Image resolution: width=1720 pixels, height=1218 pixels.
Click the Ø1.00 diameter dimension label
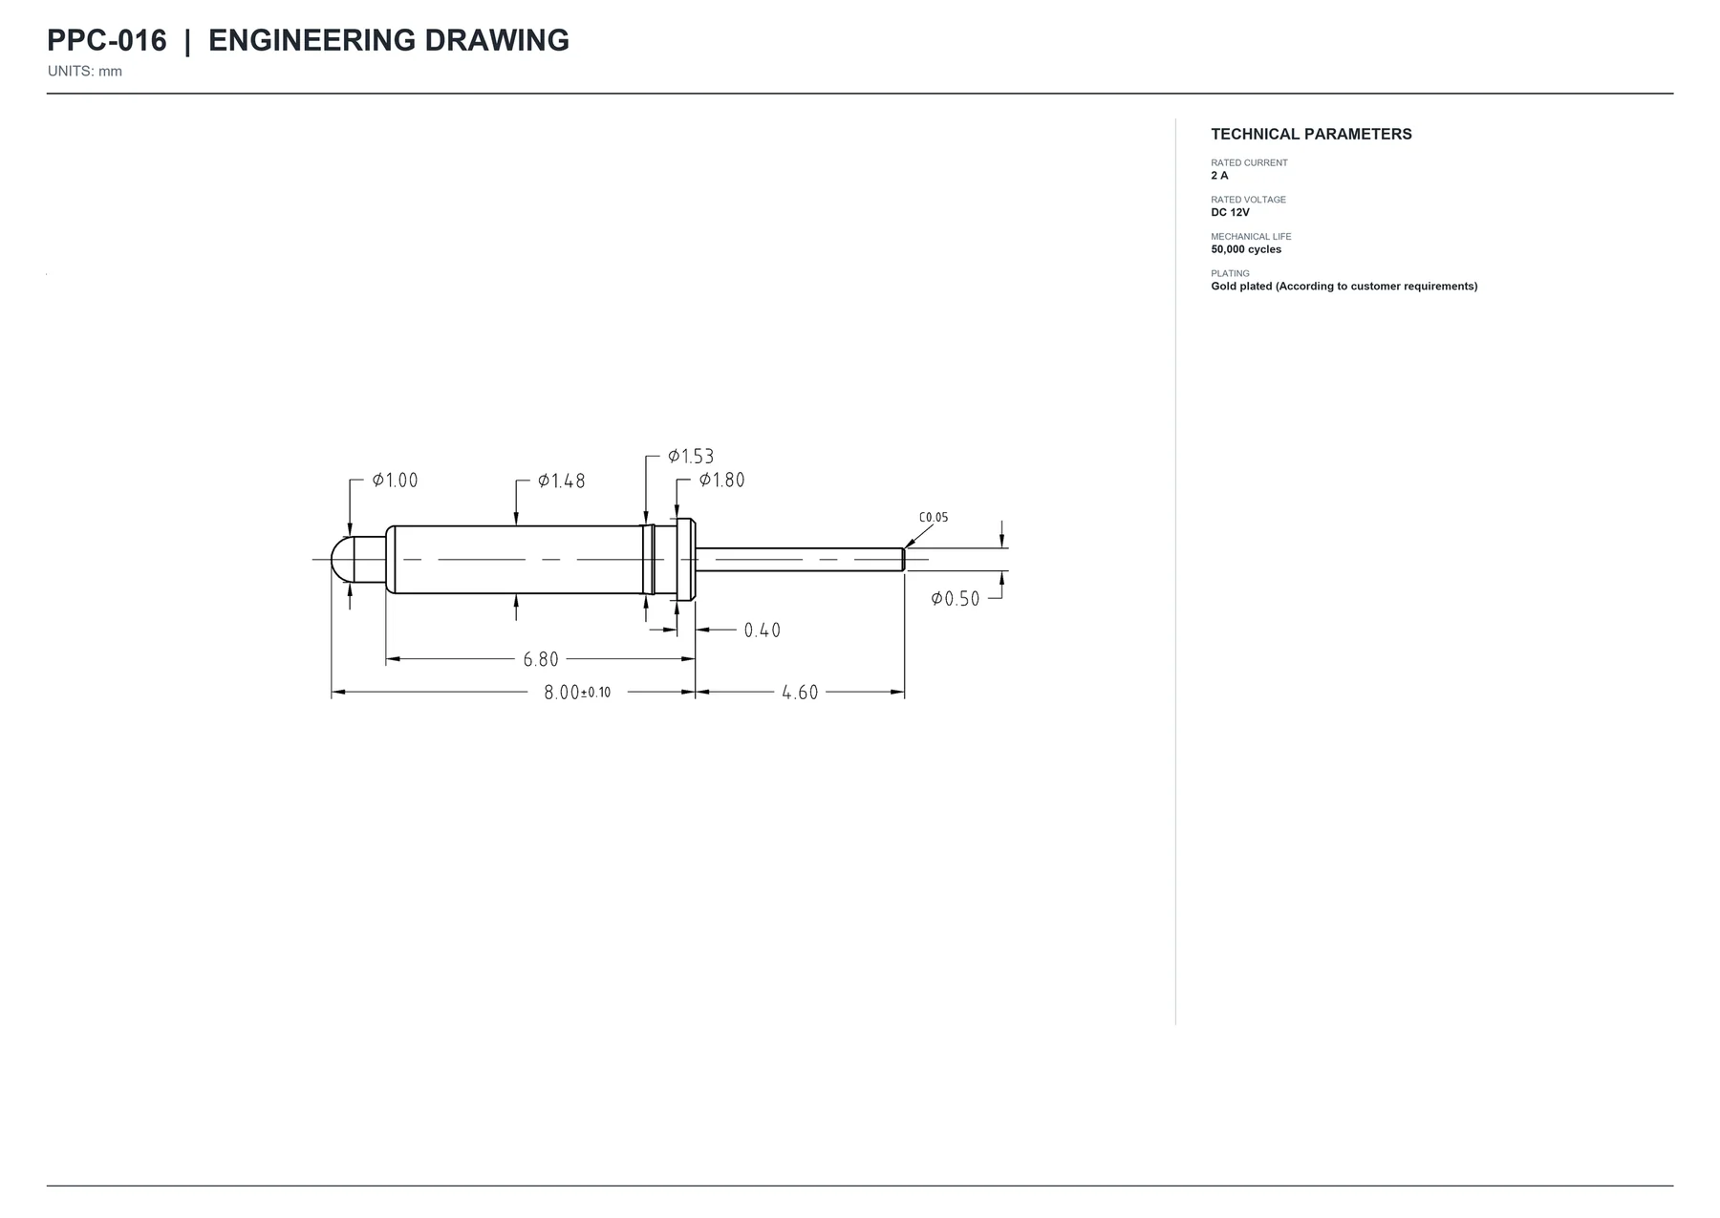pyautogui.click(x=395, y=481)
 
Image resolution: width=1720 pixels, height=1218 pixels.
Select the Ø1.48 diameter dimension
pyautogui.click(x=561, y=481)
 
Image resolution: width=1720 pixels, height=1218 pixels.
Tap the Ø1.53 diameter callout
pyautogui.click(x=691, y=457)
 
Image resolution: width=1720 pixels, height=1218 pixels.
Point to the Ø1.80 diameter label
pyautogui.click(x=721, y=480)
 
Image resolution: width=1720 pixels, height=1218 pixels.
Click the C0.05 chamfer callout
pyautogui.click(x=934, y=518)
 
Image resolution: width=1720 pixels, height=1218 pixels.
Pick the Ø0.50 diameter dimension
pyautogui.click(x=956, y=599)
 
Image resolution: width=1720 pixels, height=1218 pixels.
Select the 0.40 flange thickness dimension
pyautogui.click(x=763, y=630)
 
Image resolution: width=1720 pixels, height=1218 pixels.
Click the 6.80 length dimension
pyautogui.click(x=541, y=659)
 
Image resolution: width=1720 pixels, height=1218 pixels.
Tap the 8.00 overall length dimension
pyautogui.click(x=562, y=693)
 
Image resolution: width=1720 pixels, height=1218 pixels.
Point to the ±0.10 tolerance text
pyautogui.click(x=596, y=693)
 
